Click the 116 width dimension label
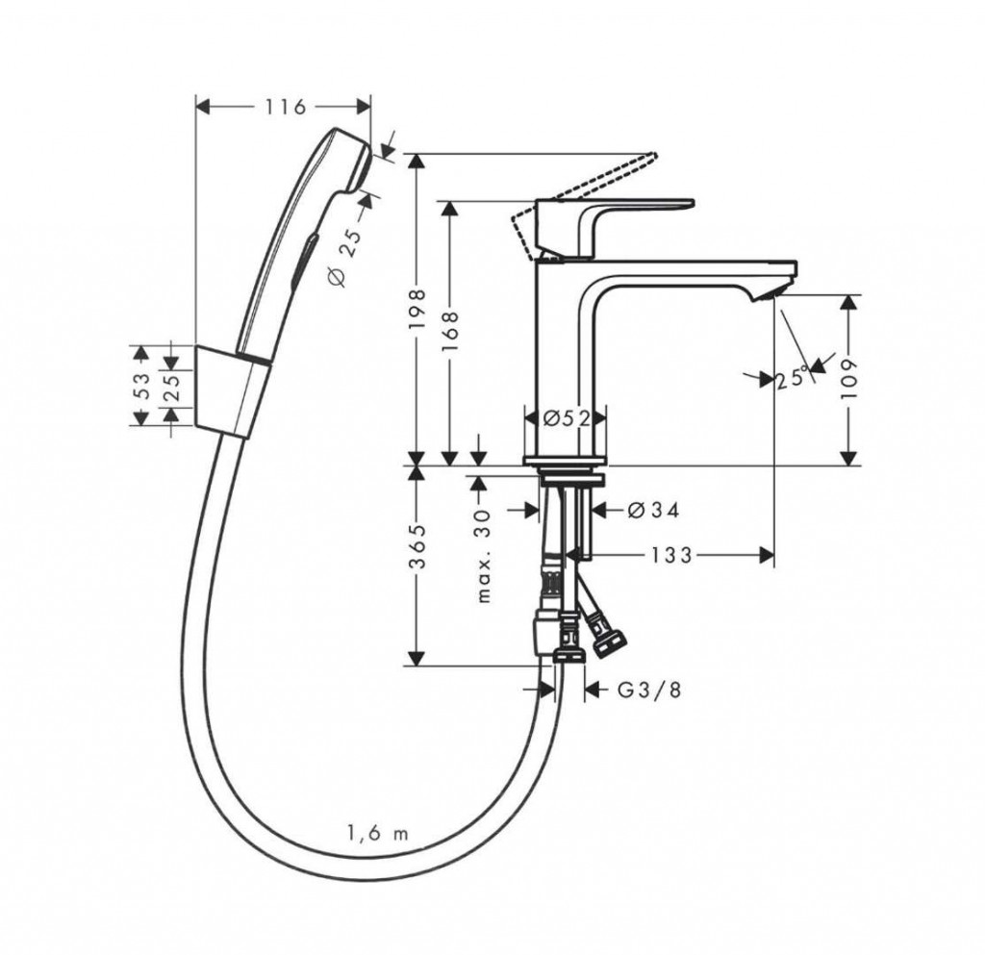click(285, 107)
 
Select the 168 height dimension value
click(451, 333)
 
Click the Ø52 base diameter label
click(566, 418)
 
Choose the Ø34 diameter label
click(653, 511)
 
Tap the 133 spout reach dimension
click(671, 555)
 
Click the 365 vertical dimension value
click(418, 546)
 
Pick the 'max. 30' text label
click(483, 556)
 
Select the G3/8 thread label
click(649, 690)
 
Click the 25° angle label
click(791, 379)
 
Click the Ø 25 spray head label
click(345, 258)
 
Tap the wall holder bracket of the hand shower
click(233, 390)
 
